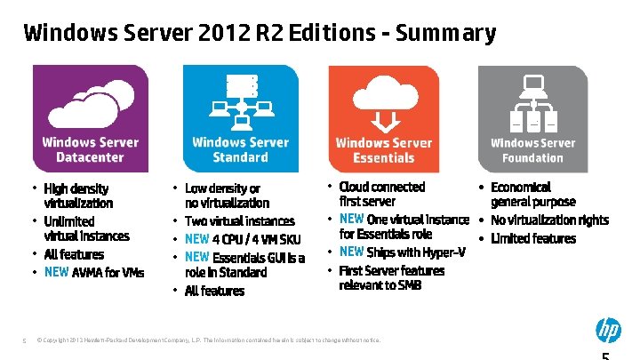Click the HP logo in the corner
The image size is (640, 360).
(608, 331)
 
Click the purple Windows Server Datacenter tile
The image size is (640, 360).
(91, 118)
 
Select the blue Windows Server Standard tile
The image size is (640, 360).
(240, 118)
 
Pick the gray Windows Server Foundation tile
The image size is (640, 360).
(532, 118)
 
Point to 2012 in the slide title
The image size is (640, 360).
(211, 34)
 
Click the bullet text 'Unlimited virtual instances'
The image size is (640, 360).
(86, 228)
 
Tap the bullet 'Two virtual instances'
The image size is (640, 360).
(239, 220)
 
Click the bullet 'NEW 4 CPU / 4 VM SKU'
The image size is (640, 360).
(243, 239)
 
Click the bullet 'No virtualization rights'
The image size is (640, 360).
(549, 220)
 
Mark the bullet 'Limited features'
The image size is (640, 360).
(533, 238)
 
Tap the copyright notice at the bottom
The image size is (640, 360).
(208, 340)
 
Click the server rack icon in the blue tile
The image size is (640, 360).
(242, 86)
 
